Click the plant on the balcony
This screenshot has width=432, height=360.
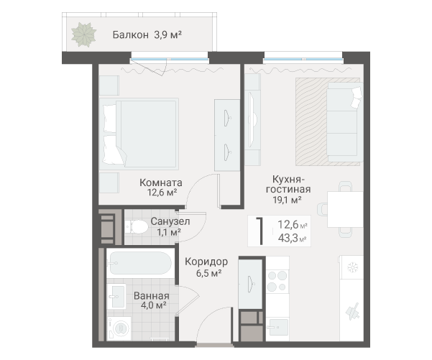pos(84,35)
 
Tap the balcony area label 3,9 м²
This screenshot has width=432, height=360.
pos(167,35)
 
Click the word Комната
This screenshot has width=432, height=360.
pos(161,183)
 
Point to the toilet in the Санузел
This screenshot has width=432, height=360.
pos(137,226)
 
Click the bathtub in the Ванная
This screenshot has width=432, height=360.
pos(140,263)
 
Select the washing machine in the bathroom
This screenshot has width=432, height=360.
pos(120,328)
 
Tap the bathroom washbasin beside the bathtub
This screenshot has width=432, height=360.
pos(116,297)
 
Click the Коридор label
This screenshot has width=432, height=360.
pos(206,262)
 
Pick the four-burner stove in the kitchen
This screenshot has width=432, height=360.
pos(277,281)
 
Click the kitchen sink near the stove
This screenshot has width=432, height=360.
pos(277,327)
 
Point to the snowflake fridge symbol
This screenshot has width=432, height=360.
pos(352,267)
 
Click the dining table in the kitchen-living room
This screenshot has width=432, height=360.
pos(345,209)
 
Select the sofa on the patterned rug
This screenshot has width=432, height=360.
pos(345,122)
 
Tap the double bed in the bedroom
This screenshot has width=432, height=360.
pos(139,134)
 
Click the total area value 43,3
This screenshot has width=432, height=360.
pos(288,238)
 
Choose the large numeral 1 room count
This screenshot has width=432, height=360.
pos(259,231)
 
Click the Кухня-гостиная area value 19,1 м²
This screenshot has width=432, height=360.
pos(287,200)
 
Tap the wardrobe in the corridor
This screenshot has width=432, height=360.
pos(250,284)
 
